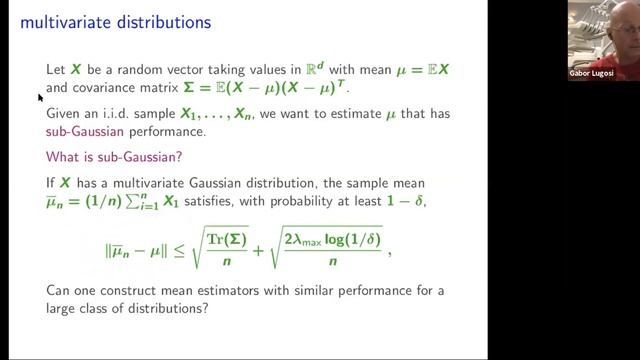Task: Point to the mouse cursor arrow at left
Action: coord(40,96)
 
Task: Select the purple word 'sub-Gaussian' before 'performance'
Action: coord(85,131)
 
